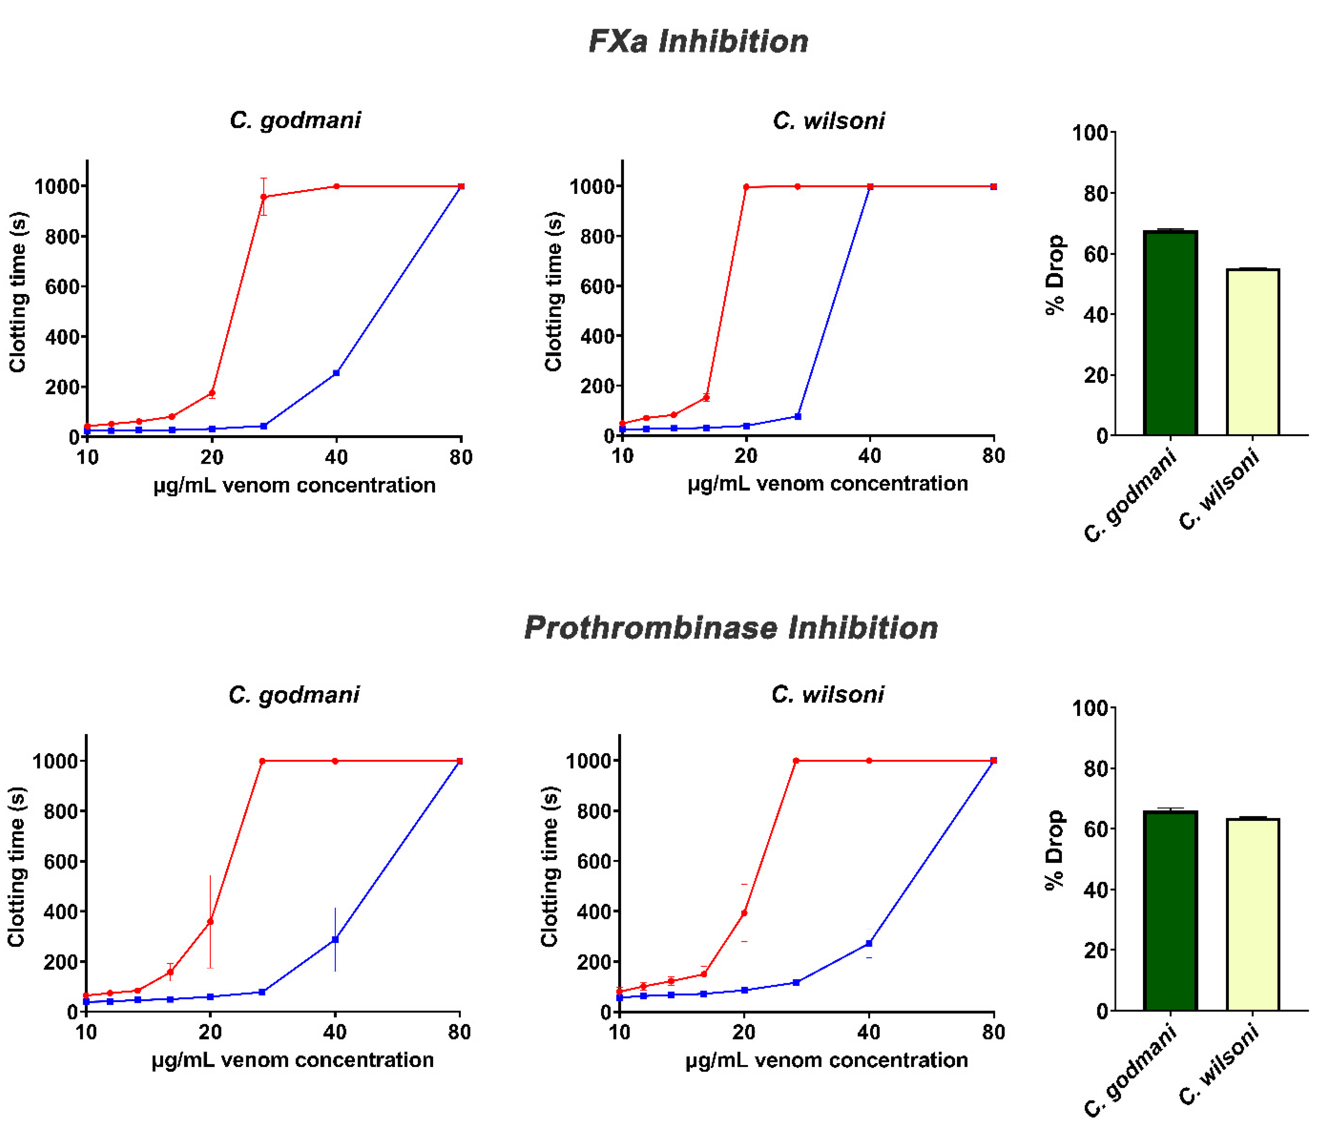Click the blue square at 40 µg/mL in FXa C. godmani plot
pos(336,373)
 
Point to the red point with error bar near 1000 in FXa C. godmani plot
pos(264,197)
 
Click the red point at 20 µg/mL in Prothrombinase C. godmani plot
pos(210,921)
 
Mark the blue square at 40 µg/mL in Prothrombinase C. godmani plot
pos(335,939)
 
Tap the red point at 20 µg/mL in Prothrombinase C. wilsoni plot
pos(744,913)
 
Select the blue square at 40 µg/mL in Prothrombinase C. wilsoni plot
pos(869,943)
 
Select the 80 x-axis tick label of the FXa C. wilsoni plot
pos(993,456)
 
